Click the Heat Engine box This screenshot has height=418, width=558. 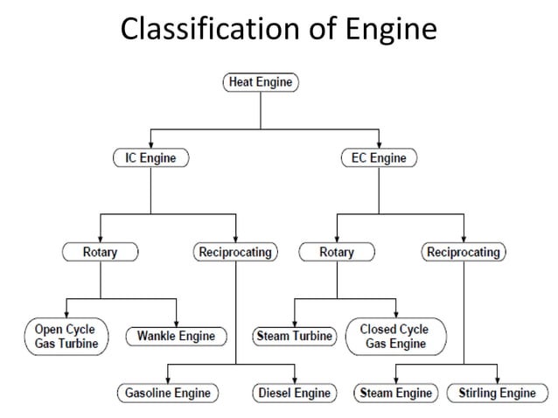[262, 83]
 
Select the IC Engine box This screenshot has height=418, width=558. [150, 158]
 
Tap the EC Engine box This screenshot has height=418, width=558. [378, 158]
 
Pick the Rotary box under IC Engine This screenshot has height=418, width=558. [100, 253]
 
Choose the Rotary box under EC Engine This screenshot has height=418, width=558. [337, 253]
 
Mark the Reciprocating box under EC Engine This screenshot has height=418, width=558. [464, 253]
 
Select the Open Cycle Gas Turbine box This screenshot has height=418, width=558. [66, 336]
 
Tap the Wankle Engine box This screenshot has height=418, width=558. [177, 336]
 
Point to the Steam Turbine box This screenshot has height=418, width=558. [295, 336]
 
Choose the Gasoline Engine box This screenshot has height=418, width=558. [166, 393]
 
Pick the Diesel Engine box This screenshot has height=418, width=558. [295, 393]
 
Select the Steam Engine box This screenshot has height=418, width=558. [396, 393]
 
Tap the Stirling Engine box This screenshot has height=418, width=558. [498, 393]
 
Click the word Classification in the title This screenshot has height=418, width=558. [197, 29]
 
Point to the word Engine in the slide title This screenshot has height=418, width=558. [391, 29]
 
